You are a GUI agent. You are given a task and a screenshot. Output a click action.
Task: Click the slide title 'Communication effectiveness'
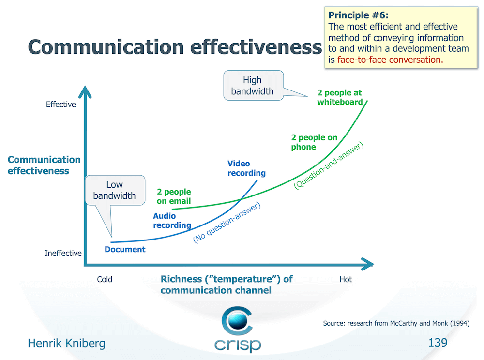[175, 47]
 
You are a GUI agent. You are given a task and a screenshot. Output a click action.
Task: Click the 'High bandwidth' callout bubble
[252, 86]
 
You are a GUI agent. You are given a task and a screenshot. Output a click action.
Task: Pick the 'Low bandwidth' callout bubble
[114, 190]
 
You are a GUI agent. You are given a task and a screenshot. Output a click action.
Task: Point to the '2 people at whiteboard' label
[339, 97]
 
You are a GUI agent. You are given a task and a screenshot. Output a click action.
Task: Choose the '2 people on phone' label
[314, 142]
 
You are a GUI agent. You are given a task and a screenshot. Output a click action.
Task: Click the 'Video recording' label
[246, 168]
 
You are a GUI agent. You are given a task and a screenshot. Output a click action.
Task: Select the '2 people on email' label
[174, 196]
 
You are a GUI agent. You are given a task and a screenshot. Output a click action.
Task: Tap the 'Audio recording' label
[172, 221]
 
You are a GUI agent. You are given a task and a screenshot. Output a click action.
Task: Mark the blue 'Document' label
[125, 250]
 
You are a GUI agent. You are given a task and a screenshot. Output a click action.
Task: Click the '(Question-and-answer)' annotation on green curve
[329, 166]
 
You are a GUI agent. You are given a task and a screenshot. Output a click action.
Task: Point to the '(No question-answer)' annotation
[227, 223]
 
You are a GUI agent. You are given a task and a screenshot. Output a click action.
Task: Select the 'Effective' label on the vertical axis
[60, 104]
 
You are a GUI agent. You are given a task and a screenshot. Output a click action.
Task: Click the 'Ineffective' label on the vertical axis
[63, 254]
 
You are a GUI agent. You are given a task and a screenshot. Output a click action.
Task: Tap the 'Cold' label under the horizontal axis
[105, 279]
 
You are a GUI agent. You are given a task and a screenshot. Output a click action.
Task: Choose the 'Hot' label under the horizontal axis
[346, 279]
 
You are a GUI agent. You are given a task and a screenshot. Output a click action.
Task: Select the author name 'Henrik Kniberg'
[66, 344]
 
